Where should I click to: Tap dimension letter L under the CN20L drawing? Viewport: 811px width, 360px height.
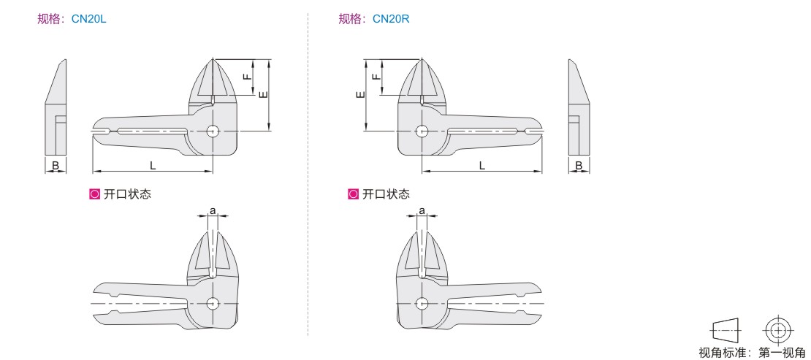(153, 166)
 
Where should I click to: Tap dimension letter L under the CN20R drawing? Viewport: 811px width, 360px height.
(481, 166)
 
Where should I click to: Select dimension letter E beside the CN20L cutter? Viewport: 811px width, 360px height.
(263, 95)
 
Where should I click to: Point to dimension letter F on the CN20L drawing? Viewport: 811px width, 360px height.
(247, 77)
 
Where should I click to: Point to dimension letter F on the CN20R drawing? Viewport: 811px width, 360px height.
(376, 77)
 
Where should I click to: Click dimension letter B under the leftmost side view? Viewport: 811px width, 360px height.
(56, 166)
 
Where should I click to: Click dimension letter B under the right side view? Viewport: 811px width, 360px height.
(579, 166)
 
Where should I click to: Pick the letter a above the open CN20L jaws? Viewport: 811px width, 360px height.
(213, 210)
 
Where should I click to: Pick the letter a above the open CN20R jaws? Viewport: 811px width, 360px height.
(422, 210)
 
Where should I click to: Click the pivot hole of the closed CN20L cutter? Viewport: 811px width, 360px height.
(213, 131)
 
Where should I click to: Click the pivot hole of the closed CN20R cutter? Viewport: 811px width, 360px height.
(422, 131)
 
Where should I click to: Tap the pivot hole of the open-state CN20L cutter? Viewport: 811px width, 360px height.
(213, 303)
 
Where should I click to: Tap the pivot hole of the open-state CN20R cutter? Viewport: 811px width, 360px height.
(422, 303)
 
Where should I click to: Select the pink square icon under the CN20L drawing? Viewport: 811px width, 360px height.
(95, 194)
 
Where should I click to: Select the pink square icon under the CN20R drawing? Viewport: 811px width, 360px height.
(354, 194)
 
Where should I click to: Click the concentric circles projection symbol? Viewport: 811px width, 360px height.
(777, 330)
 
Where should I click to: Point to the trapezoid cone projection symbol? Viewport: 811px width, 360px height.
(726, 329)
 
